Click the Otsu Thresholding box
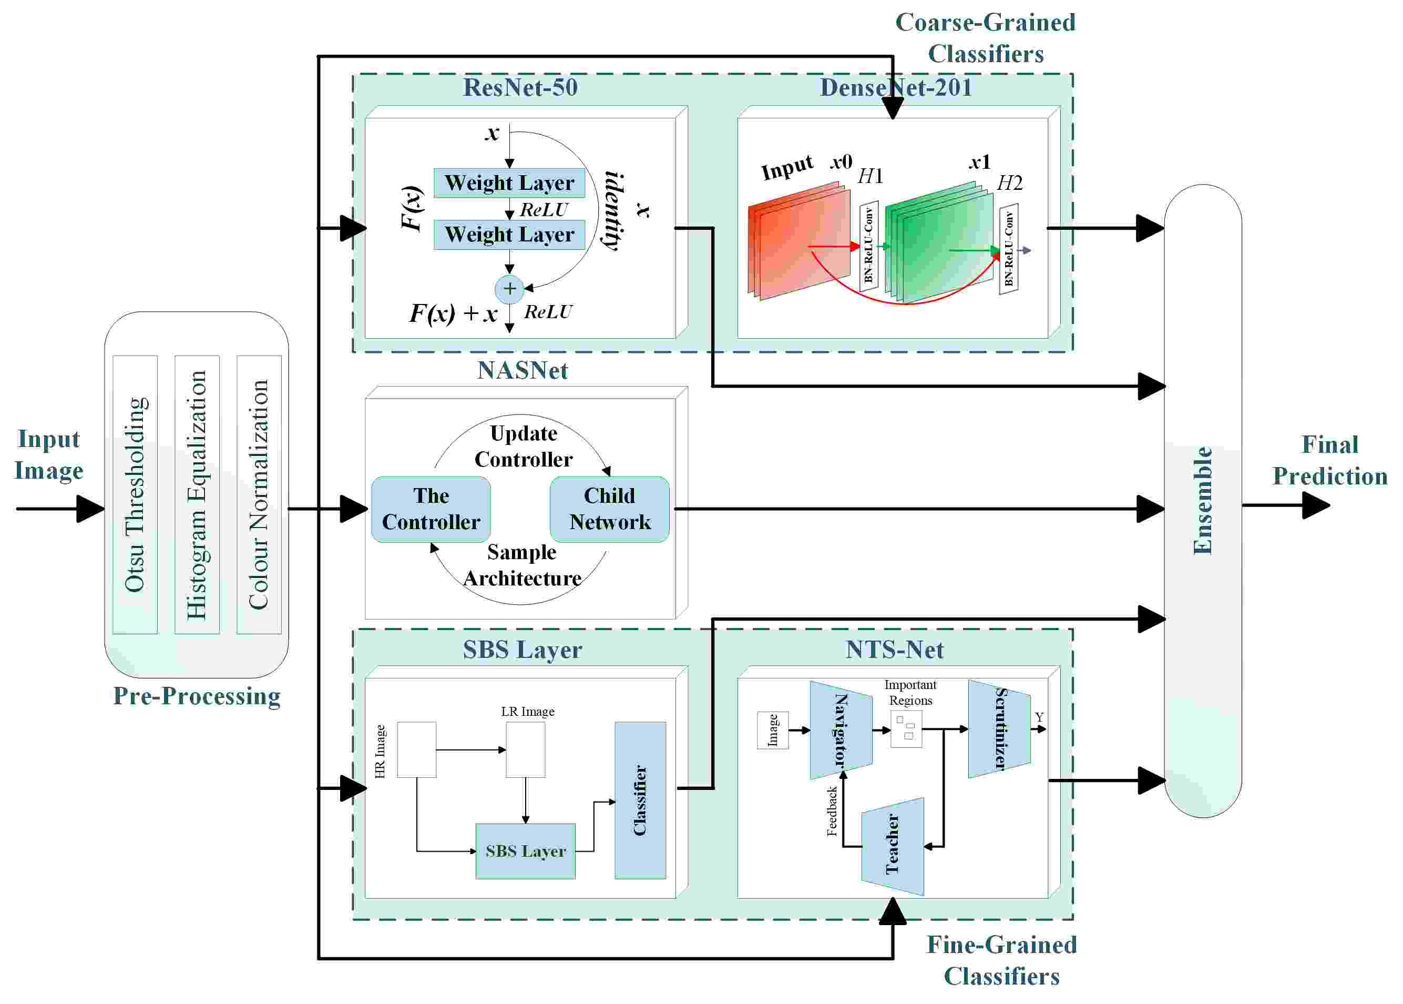click(135, 494)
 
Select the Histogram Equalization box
click(197, 494)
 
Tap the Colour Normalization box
click(259, 494)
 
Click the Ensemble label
click(1202, 500)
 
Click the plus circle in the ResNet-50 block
click(509, 288)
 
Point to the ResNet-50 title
click(520, 87)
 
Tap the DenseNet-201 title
click(895, 87)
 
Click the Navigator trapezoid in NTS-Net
click(841, 729)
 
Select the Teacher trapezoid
click(893, 846)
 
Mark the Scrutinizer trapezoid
click(999, 728)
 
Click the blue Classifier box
click(640, 800)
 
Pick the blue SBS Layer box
click(525, 850)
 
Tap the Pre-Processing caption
click(197, 696)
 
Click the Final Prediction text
click(1329, 460)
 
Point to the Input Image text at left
click(49, 454)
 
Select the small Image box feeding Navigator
click(772, 730)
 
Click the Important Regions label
click(910, 693)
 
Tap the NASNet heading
click(522, 370)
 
